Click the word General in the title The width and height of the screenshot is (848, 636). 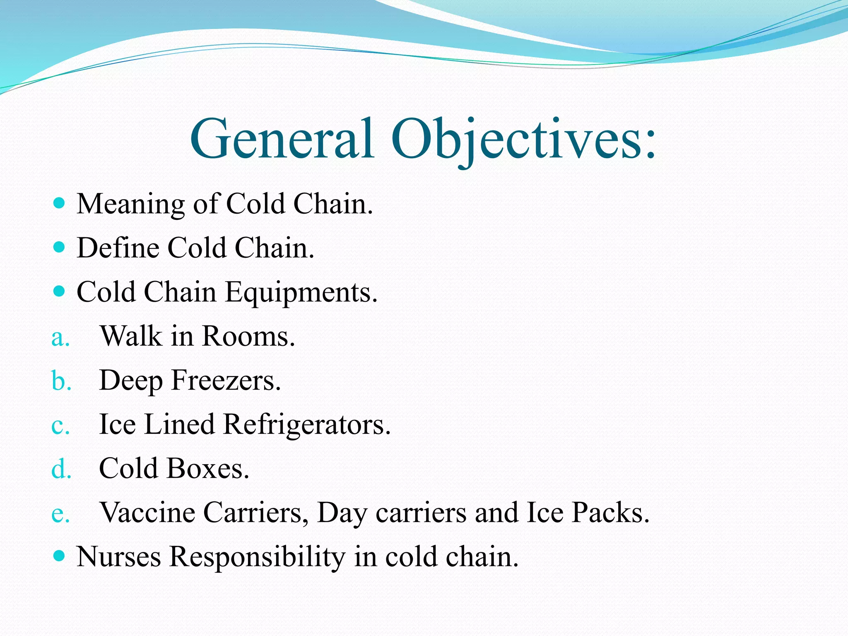coord(282,139)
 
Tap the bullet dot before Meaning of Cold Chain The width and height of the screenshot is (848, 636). coord(60,203)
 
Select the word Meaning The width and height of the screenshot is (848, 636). coord(131,205)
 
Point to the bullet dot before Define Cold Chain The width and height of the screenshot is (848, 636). coord(60,247)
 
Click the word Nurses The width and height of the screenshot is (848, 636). coord(119,557)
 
